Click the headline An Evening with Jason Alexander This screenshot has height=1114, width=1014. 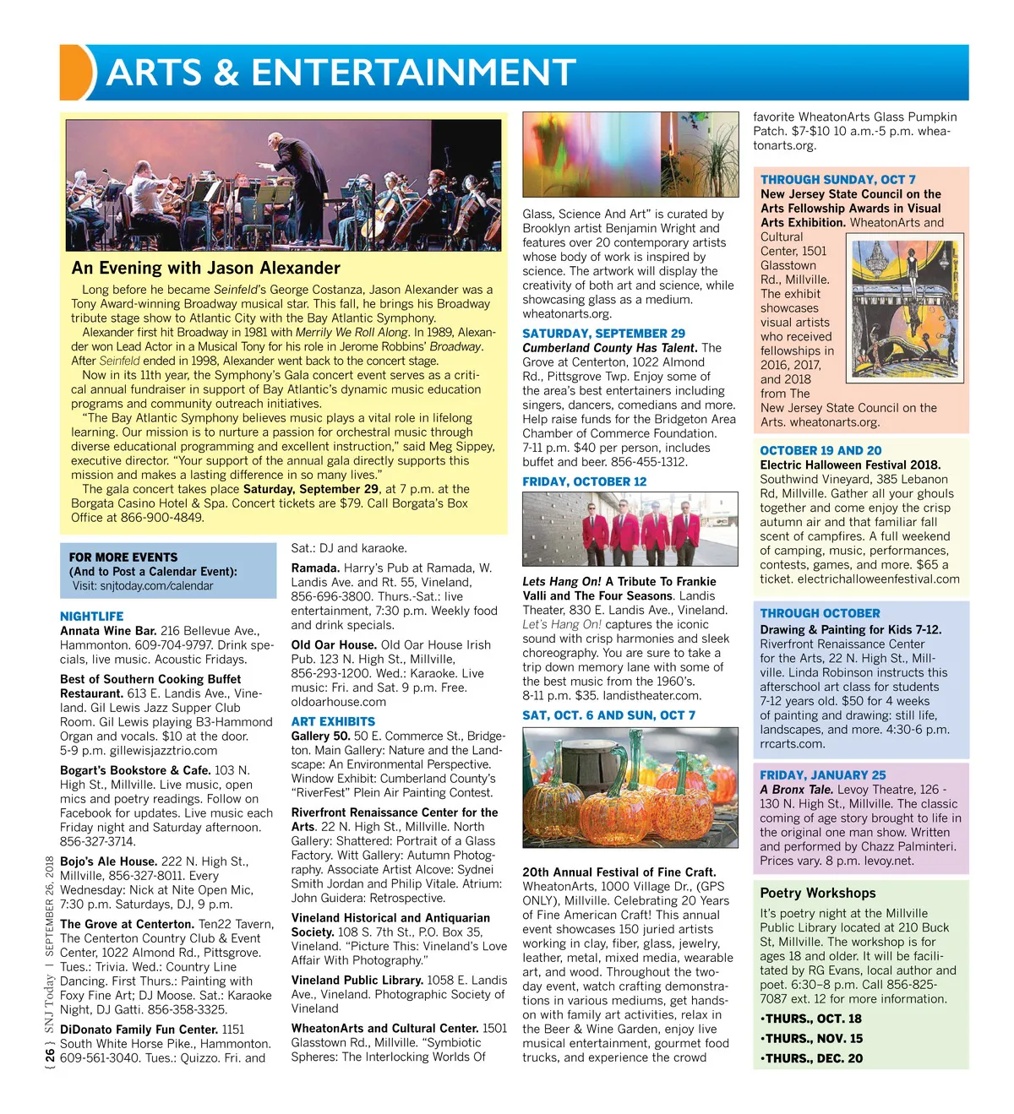[206, 268]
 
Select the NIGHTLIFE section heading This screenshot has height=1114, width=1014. [91, 617]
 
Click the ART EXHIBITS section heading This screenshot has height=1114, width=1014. [333, 721]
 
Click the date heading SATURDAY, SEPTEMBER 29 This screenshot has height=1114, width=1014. [603, 334]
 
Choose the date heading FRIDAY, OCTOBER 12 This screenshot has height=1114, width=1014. [584, 481]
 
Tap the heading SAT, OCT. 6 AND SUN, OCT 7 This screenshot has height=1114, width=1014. [608, 715]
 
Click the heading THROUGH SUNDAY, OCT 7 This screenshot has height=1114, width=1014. [837, 180]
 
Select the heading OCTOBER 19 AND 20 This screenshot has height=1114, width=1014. [820, 451]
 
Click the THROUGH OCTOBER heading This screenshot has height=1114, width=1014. [820, 613]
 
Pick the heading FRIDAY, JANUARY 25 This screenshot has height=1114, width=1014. [822, 775]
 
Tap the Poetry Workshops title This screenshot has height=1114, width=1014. [817, 893]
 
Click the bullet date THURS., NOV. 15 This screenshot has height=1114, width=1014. [811, 1039]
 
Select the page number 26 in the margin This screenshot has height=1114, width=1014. [51, 1055]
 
